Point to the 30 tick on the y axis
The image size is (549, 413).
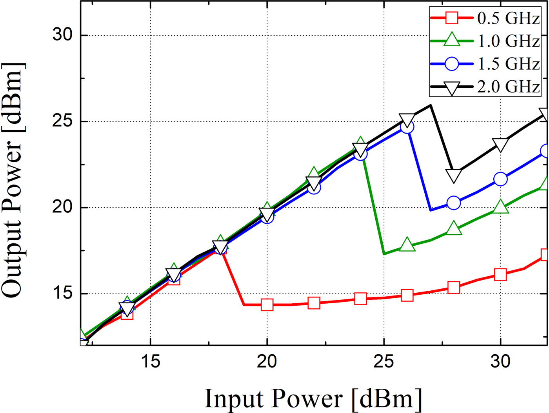pyautogui.click(x=63, y=35)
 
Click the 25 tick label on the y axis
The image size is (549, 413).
pyautogui.click(x=63, y=121)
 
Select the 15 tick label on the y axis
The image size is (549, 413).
pyautogui.click(x=63, y=293)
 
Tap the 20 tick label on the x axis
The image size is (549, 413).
pyautogui.click(x=267, y=361)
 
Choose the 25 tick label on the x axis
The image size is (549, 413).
pyautogui.click(x=384, y=361)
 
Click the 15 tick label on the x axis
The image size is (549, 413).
pyautogui.click(x=151, y=361)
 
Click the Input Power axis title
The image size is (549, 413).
pyautogui.click(x=313, y=399)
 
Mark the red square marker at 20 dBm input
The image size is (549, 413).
pyautogui.click(x=267, y=304)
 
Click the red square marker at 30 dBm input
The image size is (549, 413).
pyautogui.click(x=500, y=274)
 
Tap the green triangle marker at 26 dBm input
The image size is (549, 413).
pyautogui.click(x=407, y=245)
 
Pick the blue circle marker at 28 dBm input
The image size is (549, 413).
pyautogui.click(x=454, y=203)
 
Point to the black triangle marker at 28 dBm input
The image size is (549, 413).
pyautogui.click(x=454, y=176)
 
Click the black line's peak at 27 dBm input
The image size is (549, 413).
pyautogui.click(x=431, y=105)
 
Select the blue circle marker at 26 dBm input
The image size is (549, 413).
pyautogui.click(x=407, y=127)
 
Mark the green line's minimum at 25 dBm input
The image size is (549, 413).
pyautogui.click(x=384, y=254)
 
